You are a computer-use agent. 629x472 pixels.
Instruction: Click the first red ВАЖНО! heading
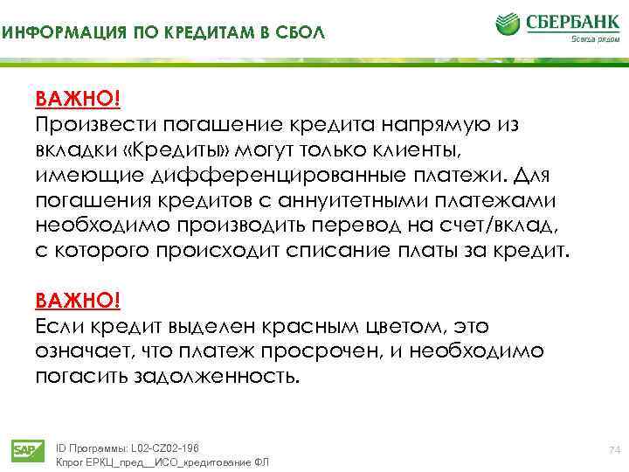(x=77, y=97)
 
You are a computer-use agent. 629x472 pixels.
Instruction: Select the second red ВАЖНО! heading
(x=77, y=302)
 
